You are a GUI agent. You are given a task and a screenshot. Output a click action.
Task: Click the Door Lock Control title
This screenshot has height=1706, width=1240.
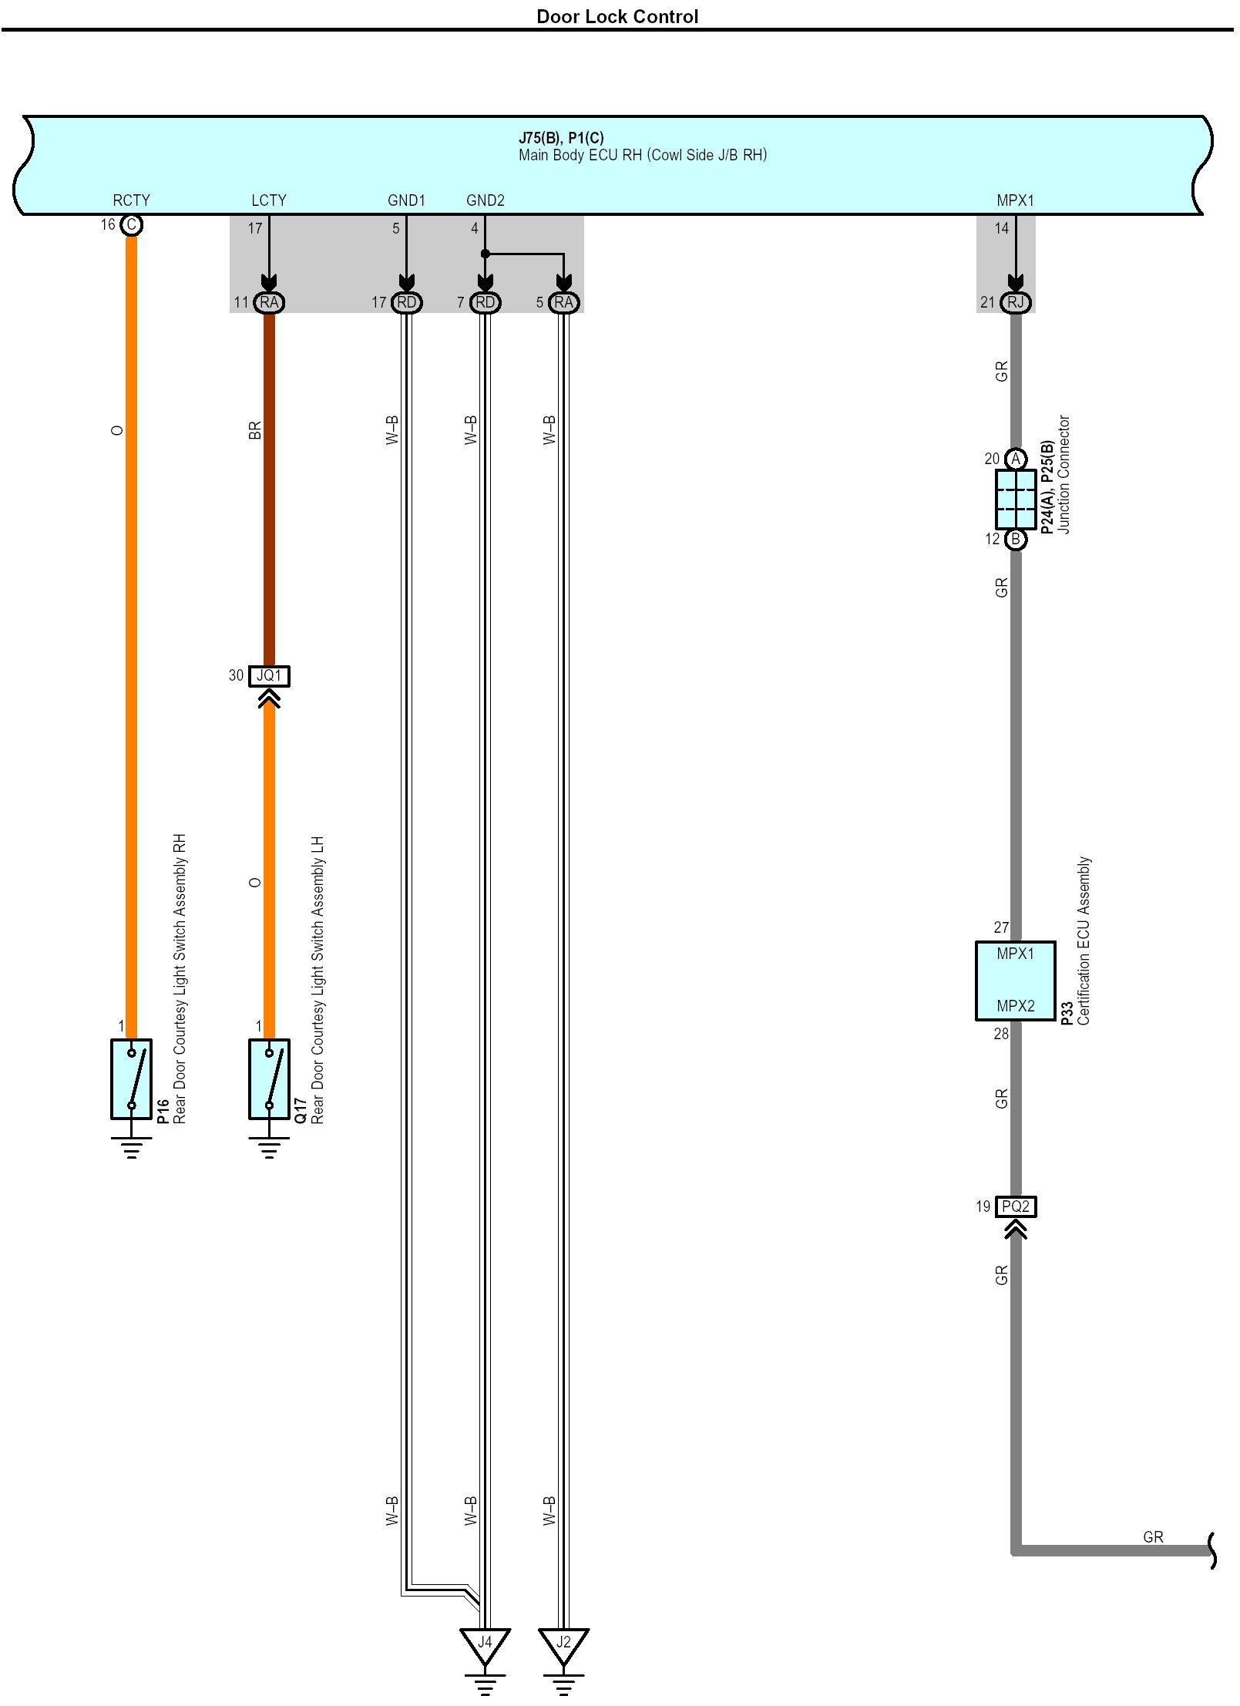coord(617,17)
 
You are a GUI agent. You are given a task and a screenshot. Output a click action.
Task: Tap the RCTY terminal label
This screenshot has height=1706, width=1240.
coord(131,200)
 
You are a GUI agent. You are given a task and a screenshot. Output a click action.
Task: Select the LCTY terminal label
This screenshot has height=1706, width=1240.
coord(268,200)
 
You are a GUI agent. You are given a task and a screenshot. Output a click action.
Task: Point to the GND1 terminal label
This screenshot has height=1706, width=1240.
coord(406,200)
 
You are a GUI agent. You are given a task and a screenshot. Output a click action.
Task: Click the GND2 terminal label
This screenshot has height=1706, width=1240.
coord(485,200)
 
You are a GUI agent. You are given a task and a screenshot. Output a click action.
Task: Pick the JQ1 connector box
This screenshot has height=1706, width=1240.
coord(269,675)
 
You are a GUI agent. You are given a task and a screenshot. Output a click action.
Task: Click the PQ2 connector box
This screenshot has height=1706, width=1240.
coord(1015,1206)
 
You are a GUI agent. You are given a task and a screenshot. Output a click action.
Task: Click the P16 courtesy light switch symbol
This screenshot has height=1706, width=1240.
coord(131,1078)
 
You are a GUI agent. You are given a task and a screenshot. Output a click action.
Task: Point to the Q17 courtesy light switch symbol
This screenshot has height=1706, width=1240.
coord(269,1078)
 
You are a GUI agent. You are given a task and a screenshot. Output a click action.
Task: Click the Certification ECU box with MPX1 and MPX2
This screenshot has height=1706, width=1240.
coord(1015,981)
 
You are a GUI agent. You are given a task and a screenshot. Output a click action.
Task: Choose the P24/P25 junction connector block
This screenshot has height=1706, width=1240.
coord(1015,499)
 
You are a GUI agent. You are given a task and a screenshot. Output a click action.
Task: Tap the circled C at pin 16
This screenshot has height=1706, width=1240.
coord(132,224)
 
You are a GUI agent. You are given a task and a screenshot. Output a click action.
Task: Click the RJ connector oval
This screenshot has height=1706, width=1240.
coord(1015,302)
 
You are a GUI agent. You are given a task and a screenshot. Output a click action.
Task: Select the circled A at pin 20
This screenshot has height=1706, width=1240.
coord(1016,459)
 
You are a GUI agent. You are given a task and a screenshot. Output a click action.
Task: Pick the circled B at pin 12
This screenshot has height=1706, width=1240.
coord(1016,539)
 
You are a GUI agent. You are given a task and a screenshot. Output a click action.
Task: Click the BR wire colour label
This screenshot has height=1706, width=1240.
coord(255,430)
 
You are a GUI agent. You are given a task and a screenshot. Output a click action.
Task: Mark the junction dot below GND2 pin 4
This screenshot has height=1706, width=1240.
coord(485,254)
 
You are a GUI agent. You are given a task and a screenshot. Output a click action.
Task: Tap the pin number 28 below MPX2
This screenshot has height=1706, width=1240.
coord(1000,1034)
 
